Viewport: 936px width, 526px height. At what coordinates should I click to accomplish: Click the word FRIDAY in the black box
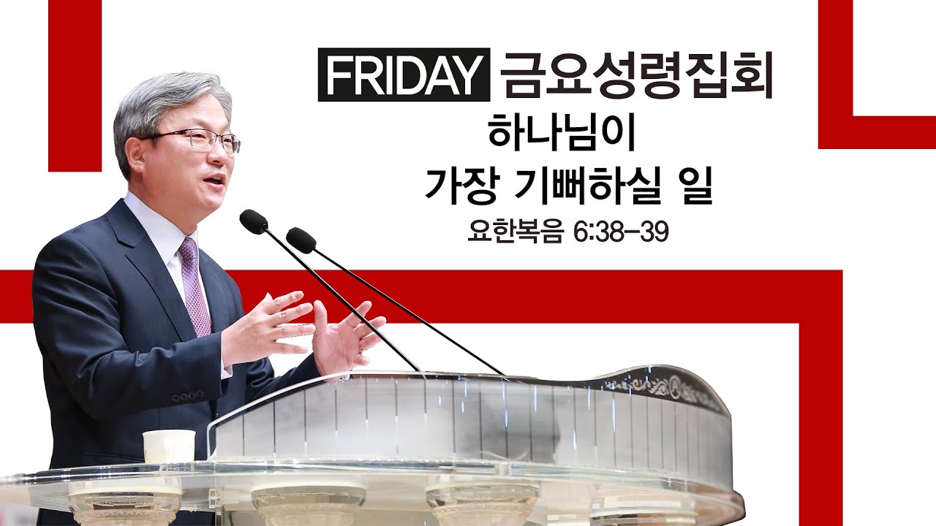(x=404, y=75)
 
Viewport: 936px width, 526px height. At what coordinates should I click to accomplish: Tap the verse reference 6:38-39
(x=621, y=233)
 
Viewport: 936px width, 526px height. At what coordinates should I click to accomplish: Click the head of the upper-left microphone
(x=253, y=221)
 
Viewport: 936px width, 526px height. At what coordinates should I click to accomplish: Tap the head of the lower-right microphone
(x=301, y=240)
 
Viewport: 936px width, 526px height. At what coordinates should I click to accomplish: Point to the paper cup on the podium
(x=169, y=446)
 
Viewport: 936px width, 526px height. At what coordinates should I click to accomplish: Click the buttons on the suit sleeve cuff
(x=187, y=394)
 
